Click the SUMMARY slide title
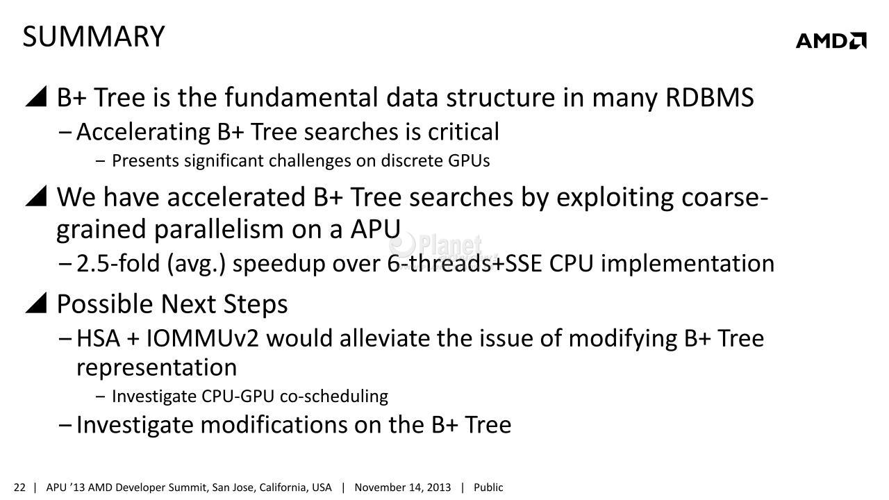point(94,37)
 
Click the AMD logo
point(831,40)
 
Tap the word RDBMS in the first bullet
point(710,97)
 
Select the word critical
point(463,132)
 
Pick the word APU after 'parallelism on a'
point(376,229)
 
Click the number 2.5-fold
point(118,263)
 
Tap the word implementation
point(688,263)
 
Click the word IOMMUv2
point(202,338)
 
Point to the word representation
point(156,368)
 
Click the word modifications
point(274,424)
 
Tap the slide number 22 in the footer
point(19,487)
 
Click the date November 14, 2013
point(402,487)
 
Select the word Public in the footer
point(488,487)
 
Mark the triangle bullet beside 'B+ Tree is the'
point(36,97)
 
